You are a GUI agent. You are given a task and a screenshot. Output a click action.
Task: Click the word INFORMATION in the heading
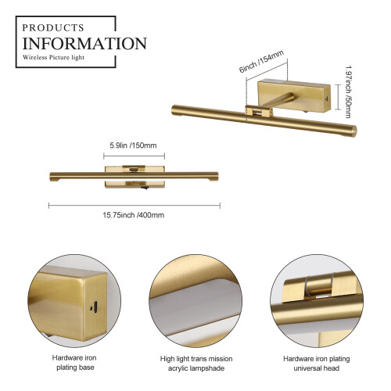click(84, 43)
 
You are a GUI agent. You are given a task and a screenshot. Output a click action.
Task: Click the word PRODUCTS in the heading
click(53, 27)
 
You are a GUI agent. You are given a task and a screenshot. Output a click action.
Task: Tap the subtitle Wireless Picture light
click(53, 57)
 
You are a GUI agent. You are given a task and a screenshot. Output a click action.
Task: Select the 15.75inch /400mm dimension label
click(134, 215)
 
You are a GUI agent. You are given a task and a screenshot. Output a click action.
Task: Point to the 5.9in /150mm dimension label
click(133, 145)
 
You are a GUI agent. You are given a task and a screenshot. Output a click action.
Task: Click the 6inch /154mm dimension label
click(261, 62)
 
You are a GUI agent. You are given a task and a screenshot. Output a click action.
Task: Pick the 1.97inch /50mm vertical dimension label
click(348, 91)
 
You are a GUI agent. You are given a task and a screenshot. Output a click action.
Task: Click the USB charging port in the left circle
click(95, 307)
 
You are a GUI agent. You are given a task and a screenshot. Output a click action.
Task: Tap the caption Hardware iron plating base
click(74, 363)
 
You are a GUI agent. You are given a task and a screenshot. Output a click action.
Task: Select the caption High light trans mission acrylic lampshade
click(196, 364)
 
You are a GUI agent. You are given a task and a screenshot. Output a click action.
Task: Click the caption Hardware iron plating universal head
click(317, 364)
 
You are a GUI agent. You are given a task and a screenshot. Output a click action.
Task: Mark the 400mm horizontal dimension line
click(135, 206)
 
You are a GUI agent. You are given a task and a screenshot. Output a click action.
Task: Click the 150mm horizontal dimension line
click(134, 156)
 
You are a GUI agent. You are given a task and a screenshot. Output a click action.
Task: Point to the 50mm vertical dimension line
click(338, 97)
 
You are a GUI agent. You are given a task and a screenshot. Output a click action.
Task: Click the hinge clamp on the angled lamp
click(259, 112)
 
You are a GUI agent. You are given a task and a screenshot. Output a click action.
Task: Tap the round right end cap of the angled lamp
click(353, 131)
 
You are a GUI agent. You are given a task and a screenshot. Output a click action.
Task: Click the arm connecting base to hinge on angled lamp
click(278, 99)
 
